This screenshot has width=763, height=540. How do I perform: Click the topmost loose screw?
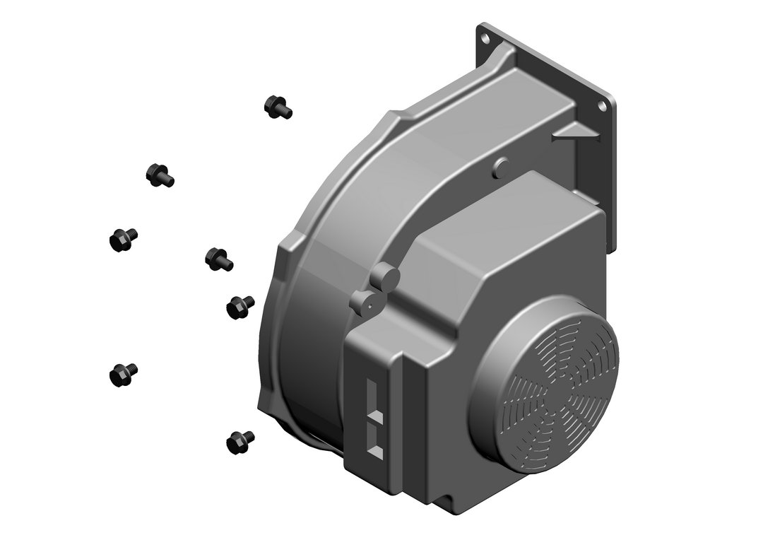(x=277, y=107)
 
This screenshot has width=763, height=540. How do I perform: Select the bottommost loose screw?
(x=240, y=442)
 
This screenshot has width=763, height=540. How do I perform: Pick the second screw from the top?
(x=159, y=174)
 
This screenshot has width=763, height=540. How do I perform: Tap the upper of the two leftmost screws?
(x=123, y=239)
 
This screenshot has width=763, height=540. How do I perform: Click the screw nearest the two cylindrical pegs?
(x=240, y=306)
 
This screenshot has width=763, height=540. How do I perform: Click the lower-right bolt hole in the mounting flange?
(x=602, y=105)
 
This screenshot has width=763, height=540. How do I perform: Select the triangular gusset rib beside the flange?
(x=574, y=132)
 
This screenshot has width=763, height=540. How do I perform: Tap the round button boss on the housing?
(x=502, y=168)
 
